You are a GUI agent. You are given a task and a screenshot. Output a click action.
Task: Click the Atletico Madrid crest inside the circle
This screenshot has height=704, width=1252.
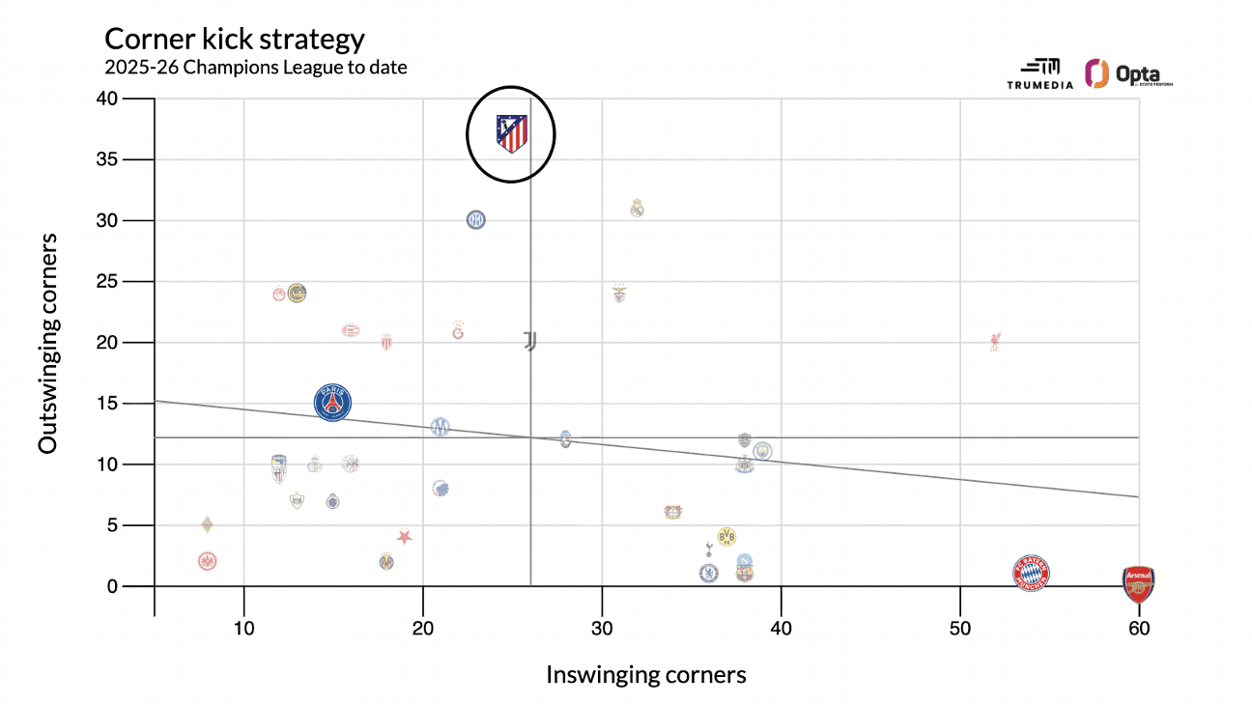tap(511, 133)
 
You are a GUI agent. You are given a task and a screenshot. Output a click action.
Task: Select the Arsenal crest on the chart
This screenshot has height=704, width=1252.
tap(1138, 584)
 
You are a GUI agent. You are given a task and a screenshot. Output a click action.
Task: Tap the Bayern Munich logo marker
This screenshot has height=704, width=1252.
tap(1031, 574)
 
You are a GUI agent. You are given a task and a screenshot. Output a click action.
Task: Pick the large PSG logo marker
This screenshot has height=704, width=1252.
tap(333, 403)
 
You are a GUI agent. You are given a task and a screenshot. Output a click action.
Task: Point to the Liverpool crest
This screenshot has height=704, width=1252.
tap(995, 342)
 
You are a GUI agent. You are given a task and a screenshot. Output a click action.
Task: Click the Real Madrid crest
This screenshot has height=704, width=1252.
tap(637, 208)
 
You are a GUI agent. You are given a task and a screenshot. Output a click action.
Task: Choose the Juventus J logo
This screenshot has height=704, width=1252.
tap(529, 341)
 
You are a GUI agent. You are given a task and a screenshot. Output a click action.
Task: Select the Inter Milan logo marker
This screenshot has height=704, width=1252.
tap(475, 220)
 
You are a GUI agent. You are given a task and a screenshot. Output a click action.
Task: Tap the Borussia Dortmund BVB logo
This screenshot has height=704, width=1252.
tap(726, 536)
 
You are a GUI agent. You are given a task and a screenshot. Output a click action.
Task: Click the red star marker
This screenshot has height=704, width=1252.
tap(405, 537)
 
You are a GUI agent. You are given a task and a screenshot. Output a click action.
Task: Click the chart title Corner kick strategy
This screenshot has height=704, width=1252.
tap(235, 40)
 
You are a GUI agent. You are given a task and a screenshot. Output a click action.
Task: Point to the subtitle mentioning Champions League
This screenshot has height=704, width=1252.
tap(256, 68)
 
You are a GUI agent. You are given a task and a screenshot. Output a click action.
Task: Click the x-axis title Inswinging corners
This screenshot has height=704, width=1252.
tap(646, 674)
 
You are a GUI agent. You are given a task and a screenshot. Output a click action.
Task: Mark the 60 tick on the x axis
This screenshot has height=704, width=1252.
tap(1139, 630)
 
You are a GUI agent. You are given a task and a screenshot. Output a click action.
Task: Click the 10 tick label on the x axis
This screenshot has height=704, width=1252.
tap(244, 630)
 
